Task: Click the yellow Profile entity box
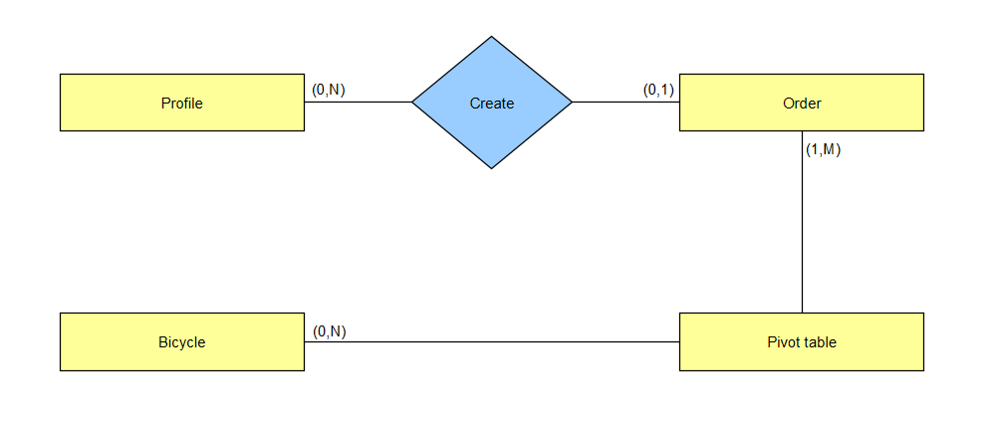182,103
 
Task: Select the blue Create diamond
492,103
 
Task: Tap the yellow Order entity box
802,103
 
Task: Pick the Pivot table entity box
802,341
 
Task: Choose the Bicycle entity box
182,341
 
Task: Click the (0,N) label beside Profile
329,91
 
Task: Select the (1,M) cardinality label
823,150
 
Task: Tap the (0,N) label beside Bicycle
330,331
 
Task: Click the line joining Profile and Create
359,102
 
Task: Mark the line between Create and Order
625,102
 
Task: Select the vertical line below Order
802,222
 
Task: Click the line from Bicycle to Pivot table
492,341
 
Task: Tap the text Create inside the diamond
492,103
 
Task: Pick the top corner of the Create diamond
492,37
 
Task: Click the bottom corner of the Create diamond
492,168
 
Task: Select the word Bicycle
182,342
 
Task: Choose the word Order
802,103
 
